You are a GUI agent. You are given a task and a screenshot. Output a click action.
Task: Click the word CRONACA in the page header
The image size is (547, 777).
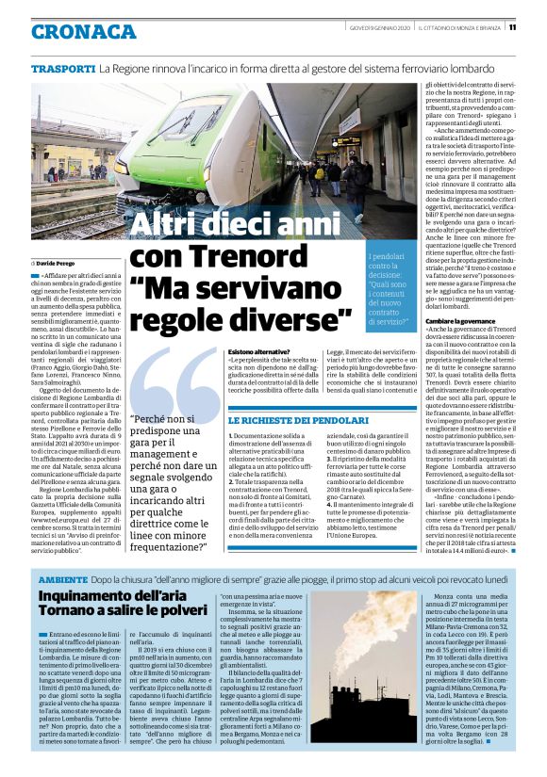tap(83, 31)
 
